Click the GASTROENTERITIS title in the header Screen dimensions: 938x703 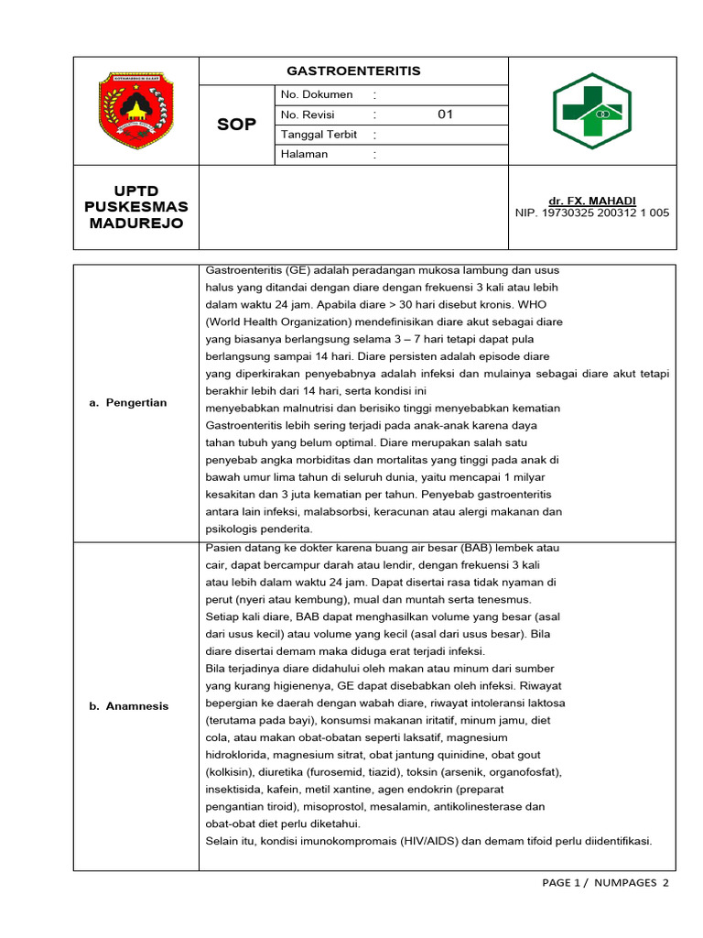click(353, 71)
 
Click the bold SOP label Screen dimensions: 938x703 click(237, 124)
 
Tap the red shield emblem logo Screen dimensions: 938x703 click(135, 111)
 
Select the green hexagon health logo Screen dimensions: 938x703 click(591, 111)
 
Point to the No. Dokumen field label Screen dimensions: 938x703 click(317, 94)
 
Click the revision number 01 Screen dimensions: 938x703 click(446, 115)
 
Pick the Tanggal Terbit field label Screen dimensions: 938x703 click(319, 135)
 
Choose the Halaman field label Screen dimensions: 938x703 click(305, 154)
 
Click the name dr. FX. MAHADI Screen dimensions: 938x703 click(591, 201)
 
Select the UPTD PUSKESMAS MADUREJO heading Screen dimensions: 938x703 click(135, 207)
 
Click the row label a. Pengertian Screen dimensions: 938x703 click(128, 402)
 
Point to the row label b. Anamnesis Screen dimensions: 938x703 click(129, 705)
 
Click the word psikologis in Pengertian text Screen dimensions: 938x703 click(233, 529)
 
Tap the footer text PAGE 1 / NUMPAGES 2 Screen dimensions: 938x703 click(606, 882)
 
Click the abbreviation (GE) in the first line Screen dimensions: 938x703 click(297, 271)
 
